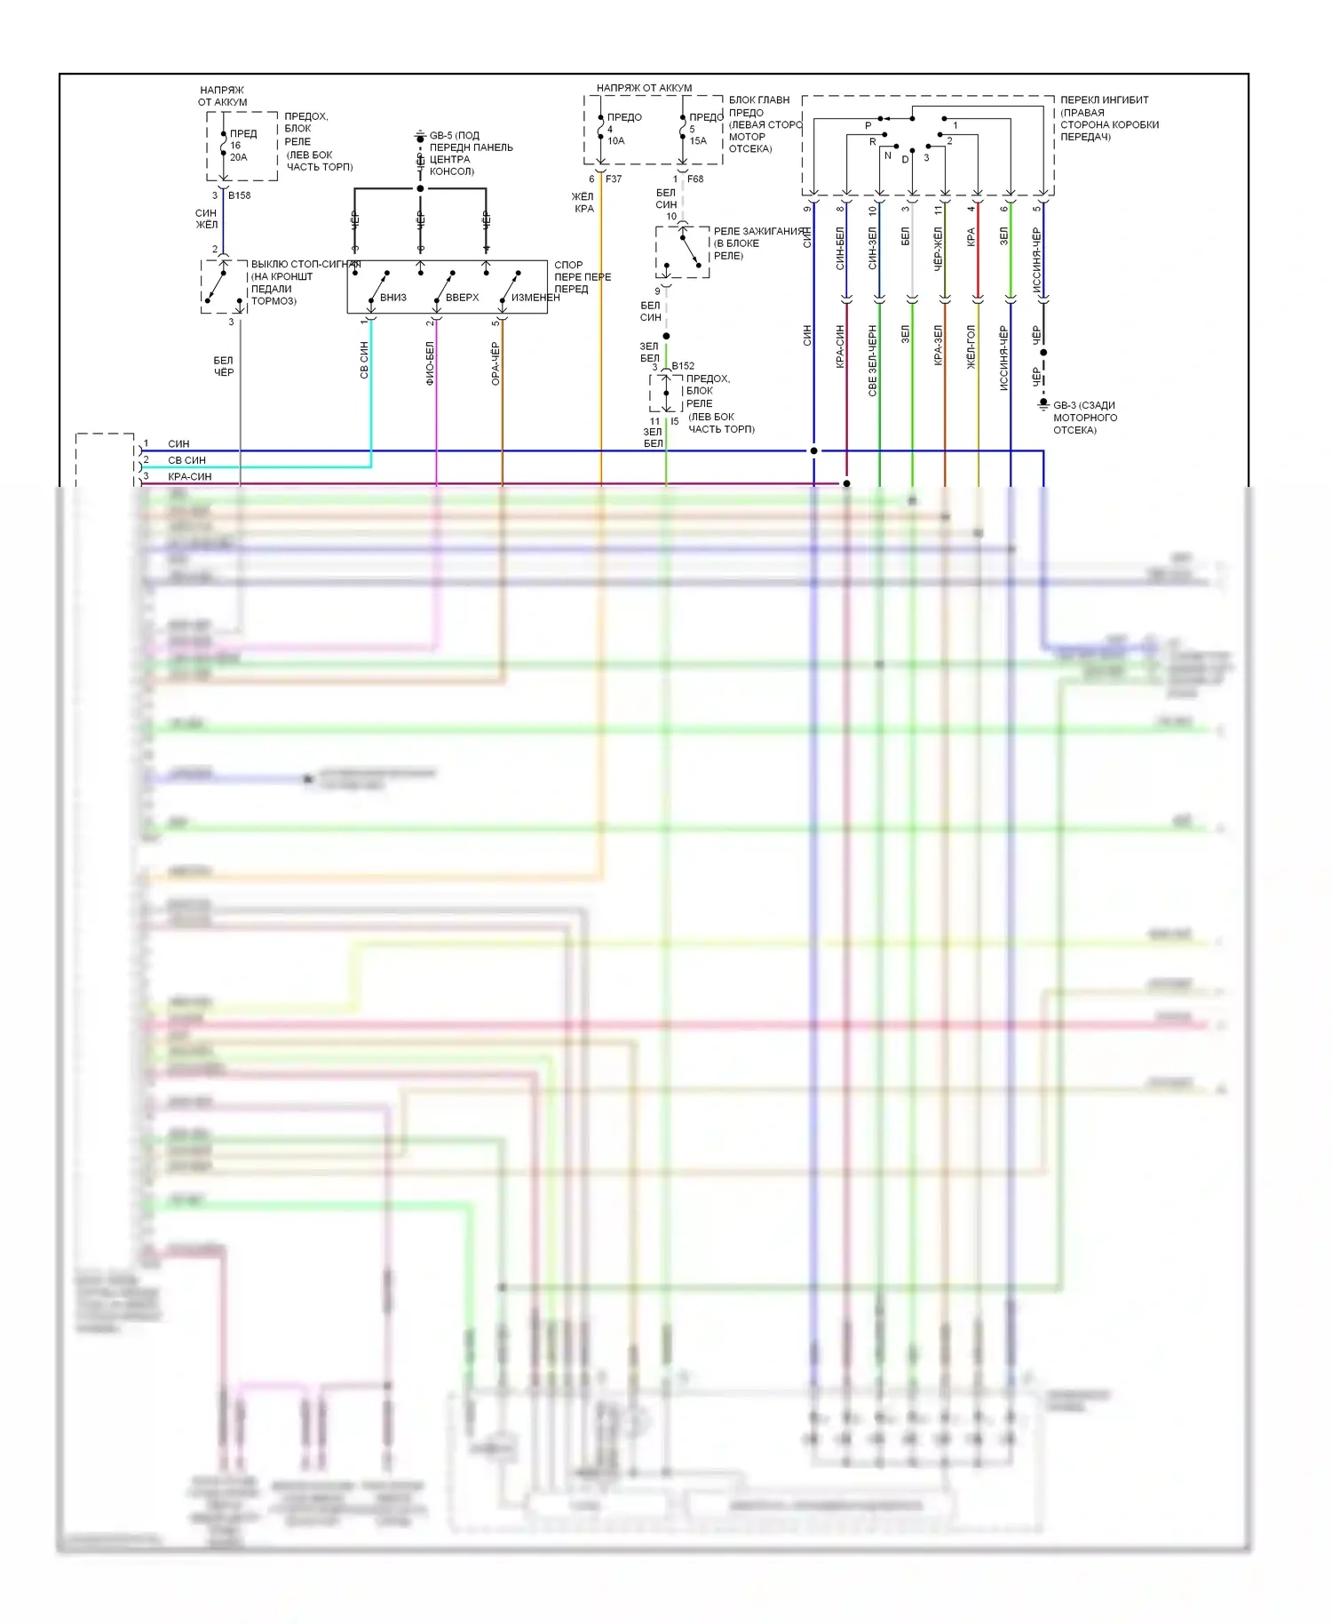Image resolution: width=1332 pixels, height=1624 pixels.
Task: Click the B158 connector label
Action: point(240,195)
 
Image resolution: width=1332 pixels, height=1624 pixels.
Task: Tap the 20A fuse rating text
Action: point(239,157)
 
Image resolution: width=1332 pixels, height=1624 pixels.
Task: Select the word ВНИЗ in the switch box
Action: point(393,298)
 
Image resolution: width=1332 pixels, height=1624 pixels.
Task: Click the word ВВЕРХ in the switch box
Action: point(462,298)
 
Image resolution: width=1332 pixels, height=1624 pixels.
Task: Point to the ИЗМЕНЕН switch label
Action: point(535,298)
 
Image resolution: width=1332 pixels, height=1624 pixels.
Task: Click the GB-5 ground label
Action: point(441,136)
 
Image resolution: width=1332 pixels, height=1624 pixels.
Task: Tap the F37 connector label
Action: point(614,179)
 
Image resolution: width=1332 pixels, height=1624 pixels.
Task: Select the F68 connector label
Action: point(695,179)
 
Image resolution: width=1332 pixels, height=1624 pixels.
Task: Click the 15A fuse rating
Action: point(698,140)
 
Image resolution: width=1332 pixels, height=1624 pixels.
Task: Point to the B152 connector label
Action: point(683,366)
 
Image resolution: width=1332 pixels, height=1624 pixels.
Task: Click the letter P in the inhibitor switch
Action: point(868,126)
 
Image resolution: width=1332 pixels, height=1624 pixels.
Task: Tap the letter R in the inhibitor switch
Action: point(873,142)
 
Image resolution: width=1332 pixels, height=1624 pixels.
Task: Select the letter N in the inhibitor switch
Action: point(887,155)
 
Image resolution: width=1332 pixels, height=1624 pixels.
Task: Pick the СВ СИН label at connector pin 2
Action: point(186,460)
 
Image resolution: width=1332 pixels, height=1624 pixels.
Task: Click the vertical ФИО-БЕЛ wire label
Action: point(430,362)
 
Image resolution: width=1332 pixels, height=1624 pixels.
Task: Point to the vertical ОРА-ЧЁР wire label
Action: point(496,362)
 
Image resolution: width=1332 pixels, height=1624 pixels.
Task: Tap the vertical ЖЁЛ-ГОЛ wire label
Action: point(971,346)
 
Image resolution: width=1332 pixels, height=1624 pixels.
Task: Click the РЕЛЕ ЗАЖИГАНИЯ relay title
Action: point(758,231)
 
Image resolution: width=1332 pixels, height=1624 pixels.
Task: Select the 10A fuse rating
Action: point(615,140)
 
